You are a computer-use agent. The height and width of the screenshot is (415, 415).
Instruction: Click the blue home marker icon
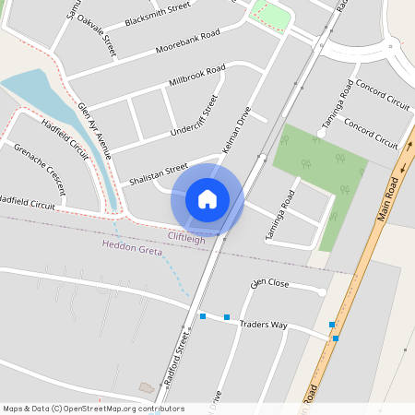(207, 198)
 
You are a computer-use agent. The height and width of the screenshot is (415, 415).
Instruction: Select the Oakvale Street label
(97, 33)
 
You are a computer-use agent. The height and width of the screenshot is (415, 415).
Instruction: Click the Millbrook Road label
(197, 76)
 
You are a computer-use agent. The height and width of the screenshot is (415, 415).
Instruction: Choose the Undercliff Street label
(195, 115)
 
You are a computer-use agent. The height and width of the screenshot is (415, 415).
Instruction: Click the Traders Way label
(264, 326)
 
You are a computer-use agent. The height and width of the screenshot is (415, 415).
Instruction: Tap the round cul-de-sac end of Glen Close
(322, 292)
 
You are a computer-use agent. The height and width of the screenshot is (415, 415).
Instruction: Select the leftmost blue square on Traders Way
(203, 316)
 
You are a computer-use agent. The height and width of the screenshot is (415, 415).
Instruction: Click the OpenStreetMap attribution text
(93, 409)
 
